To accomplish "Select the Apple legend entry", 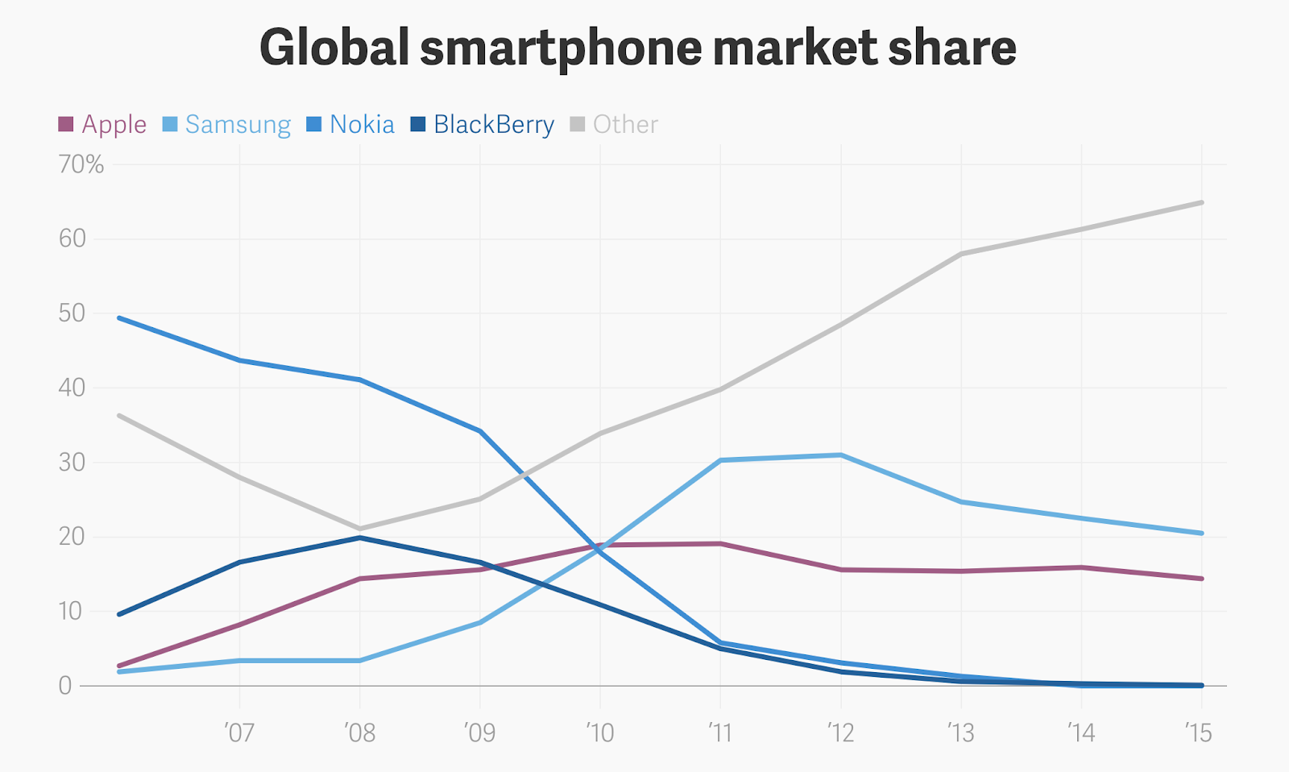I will pyautogui.click(x=102, y=124).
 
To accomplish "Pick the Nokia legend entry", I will pyautogui.click(x=350, y=124).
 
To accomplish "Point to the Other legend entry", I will pyautogui.click(x=614, y=124).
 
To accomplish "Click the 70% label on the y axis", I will pyautogui.click(x=81, y=164).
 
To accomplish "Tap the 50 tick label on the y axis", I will pyautogui.click(x=72, y=313).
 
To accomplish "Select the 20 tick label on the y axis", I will pyautogui.click(x=72, y=537).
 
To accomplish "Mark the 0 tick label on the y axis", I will pyautogui.click(x=65, y=686).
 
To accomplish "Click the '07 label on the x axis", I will pyautogui.click(x=239, y=733).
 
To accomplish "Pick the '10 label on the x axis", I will pyautogui.click(x=599, y=733).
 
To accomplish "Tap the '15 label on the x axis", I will pyautogui.click(x=1199, y=733).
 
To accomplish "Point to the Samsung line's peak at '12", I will pyautogui.click(x=840, y=455).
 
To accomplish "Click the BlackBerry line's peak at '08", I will pyautogui.click(x=359, y=537).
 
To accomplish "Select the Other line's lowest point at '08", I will pyautogui.click(x=359, y=529).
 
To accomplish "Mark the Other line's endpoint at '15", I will pyautogui.click(x=1201, y=202).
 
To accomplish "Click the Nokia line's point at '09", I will pyautogui.click(x=480, y=431).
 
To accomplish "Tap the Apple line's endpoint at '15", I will pyautogui.click(x=1201, y=579).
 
